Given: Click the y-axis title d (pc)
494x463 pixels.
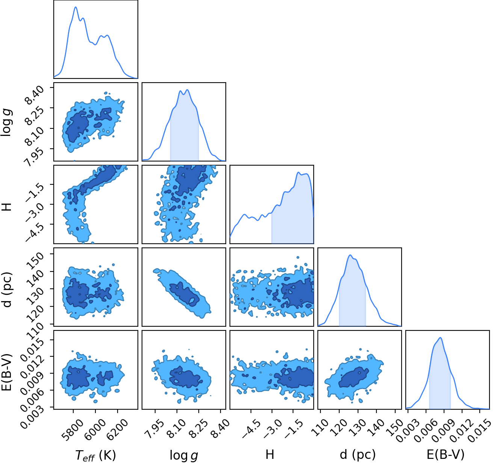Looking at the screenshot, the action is click(8, 290).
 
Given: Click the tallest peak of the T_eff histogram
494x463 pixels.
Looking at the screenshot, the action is click(76, 7).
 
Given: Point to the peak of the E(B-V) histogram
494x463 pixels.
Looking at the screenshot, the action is click(441, 338).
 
